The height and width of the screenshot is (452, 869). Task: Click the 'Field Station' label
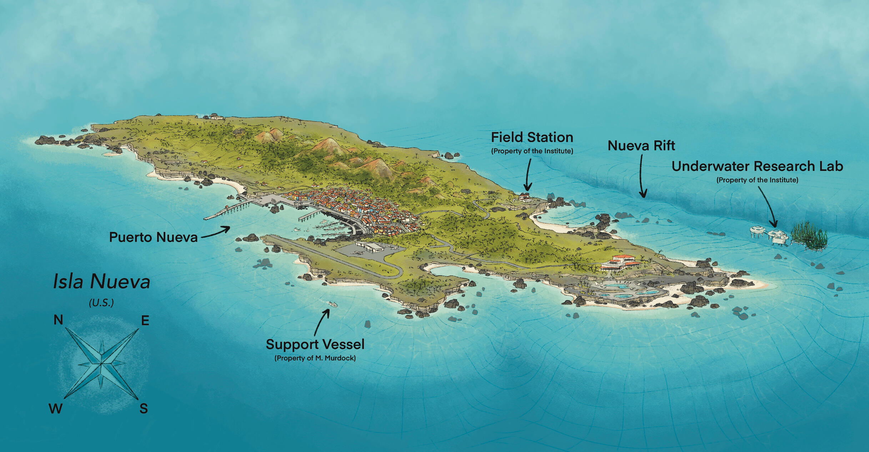click(532, 137)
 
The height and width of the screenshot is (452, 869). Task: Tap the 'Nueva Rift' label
click(641, 146)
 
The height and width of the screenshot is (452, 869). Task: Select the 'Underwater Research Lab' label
click(757, 166)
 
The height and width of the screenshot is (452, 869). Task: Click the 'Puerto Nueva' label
click(153, 237)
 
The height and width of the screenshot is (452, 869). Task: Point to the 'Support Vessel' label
click(315, 344)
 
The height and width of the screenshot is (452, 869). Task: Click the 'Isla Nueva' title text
click(101, 281)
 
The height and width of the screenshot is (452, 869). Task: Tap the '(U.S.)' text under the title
click(101, 303)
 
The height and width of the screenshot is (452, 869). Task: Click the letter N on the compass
click(58, 320)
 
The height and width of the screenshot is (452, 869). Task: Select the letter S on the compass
click(144, 408)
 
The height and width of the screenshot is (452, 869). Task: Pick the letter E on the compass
click(145, 321)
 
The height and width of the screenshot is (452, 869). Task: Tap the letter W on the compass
click(55, 409)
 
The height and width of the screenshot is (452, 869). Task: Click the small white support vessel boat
click(332, 304)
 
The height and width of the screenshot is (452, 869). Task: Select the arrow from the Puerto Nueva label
click(216, 232)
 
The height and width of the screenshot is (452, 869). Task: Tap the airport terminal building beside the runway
click(373, 247)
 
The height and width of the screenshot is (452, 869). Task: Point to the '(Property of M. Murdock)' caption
click(315, 358)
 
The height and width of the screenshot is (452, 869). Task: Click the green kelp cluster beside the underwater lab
click(809, 236)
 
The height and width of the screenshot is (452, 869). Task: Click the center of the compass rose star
click(101, 364)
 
